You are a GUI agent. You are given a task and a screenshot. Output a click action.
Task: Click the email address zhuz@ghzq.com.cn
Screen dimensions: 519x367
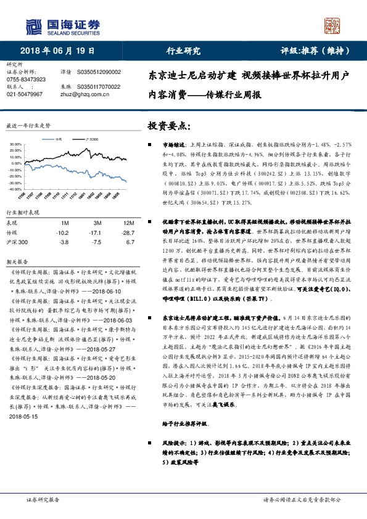click(x=81, y=94)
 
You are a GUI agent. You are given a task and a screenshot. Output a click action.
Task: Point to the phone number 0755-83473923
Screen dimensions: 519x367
click(x=26, y=80)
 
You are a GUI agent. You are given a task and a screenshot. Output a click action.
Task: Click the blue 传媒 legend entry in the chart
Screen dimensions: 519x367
click(x=59, y=140)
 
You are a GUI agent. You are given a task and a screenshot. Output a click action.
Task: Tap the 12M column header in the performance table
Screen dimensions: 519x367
click(x=128, y=223)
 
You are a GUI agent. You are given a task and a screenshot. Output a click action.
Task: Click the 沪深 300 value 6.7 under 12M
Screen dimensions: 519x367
click(x=130, y=243)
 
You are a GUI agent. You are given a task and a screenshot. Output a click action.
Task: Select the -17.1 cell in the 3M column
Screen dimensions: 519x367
click(x=97, y=233)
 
